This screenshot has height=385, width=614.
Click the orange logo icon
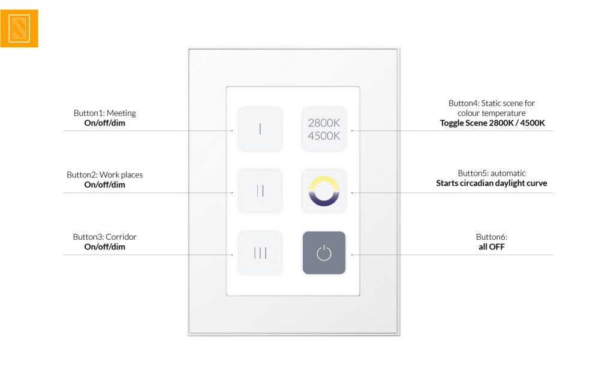pyautogui.click(x=19, y=29)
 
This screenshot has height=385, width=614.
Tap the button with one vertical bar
pyautogui.click(x=260, y=129)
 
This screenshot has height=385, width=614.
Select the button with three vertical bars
pyautogui.click(x=260, y=252)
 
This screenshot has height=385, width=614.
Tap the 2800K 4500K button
pyautogui.click(x=324, y=129)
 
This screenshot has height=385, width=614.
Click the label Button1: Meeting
pyautogui.click(x=104, y=113)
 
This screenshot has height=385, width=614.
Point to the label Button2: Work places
pyautogui.click(x=104, y=175)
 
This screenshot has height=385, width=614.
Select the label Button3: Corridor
pyautogui.click(x=104, y=237)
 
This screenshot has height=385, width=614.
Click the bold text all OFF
pyautogui.click(x=492, y=246)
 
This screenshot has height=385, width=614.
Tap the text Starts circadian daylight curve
pyautogui.click(x=492, y=184)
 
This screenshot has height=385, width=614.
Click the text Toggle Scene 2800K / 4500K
pyautogui.click(x=492, y=123)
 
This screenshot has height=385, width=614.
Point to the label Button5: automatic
pyautogui.click(x=492, y=173)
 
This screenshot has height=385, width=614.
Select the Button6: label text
pyautogui.click(x=492, y=237)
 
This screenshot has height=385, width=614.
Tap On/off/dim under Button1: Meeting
pyautogui.click(x=104, y=123)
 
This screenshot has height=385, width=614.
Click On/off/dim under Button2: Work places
pyautogui.click(x=104, y=185)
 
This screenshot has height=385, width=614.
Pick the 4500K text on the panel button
pyautogui.click(x=324, y=136)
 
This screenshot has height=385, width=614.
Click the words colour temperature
pyautogui.click(x=492, y=113)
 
